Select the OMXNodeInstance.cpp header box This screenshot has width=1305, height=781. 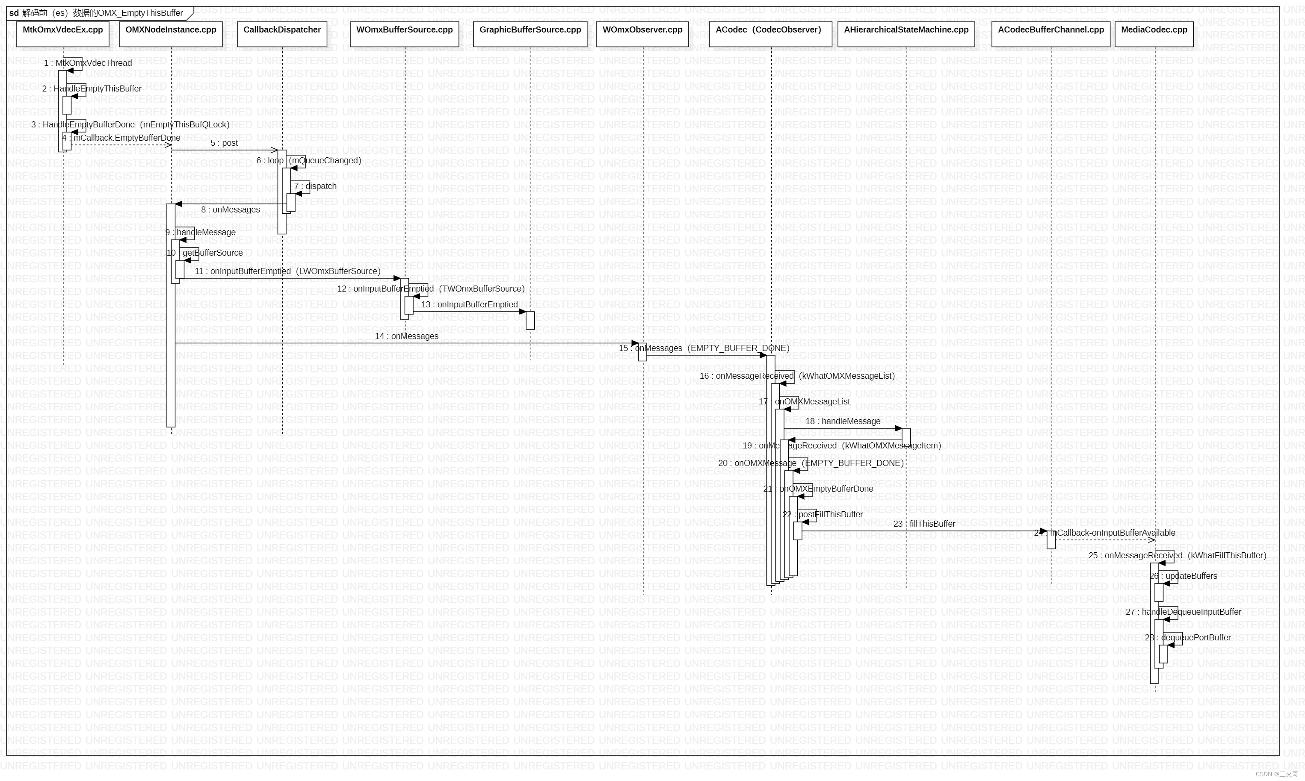point(171,34)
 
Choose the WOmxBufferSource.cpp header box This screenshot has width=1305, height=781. point(404,34)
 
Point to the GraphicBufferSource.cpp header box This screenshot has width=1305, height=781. point(530,34)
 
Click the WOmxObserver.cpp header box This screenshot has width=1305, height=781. point(642,34)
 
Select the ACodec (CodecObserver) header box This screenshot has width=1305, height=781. point(770,34)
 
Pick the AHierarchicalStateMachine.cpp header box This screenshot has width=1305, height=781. point(906,34)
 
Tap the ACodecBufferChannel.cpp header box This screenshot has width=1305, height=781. point(1051,34)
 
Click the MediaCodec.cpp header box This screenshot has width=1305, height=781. point(1154,34)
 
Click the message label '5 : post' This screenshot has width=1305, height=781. point(224,143)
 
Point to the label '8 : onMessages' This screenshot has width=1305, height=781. point(230,210)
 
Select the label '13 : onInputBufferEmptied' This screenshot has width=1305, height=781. point(469,305)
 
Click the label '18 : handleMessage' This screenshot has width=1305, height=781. point(843,421)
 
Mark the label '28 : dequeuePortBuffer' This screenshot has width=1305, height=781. point(1188,638)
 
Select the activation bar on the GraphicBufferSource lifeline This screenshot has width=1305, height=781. point(530,321)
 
